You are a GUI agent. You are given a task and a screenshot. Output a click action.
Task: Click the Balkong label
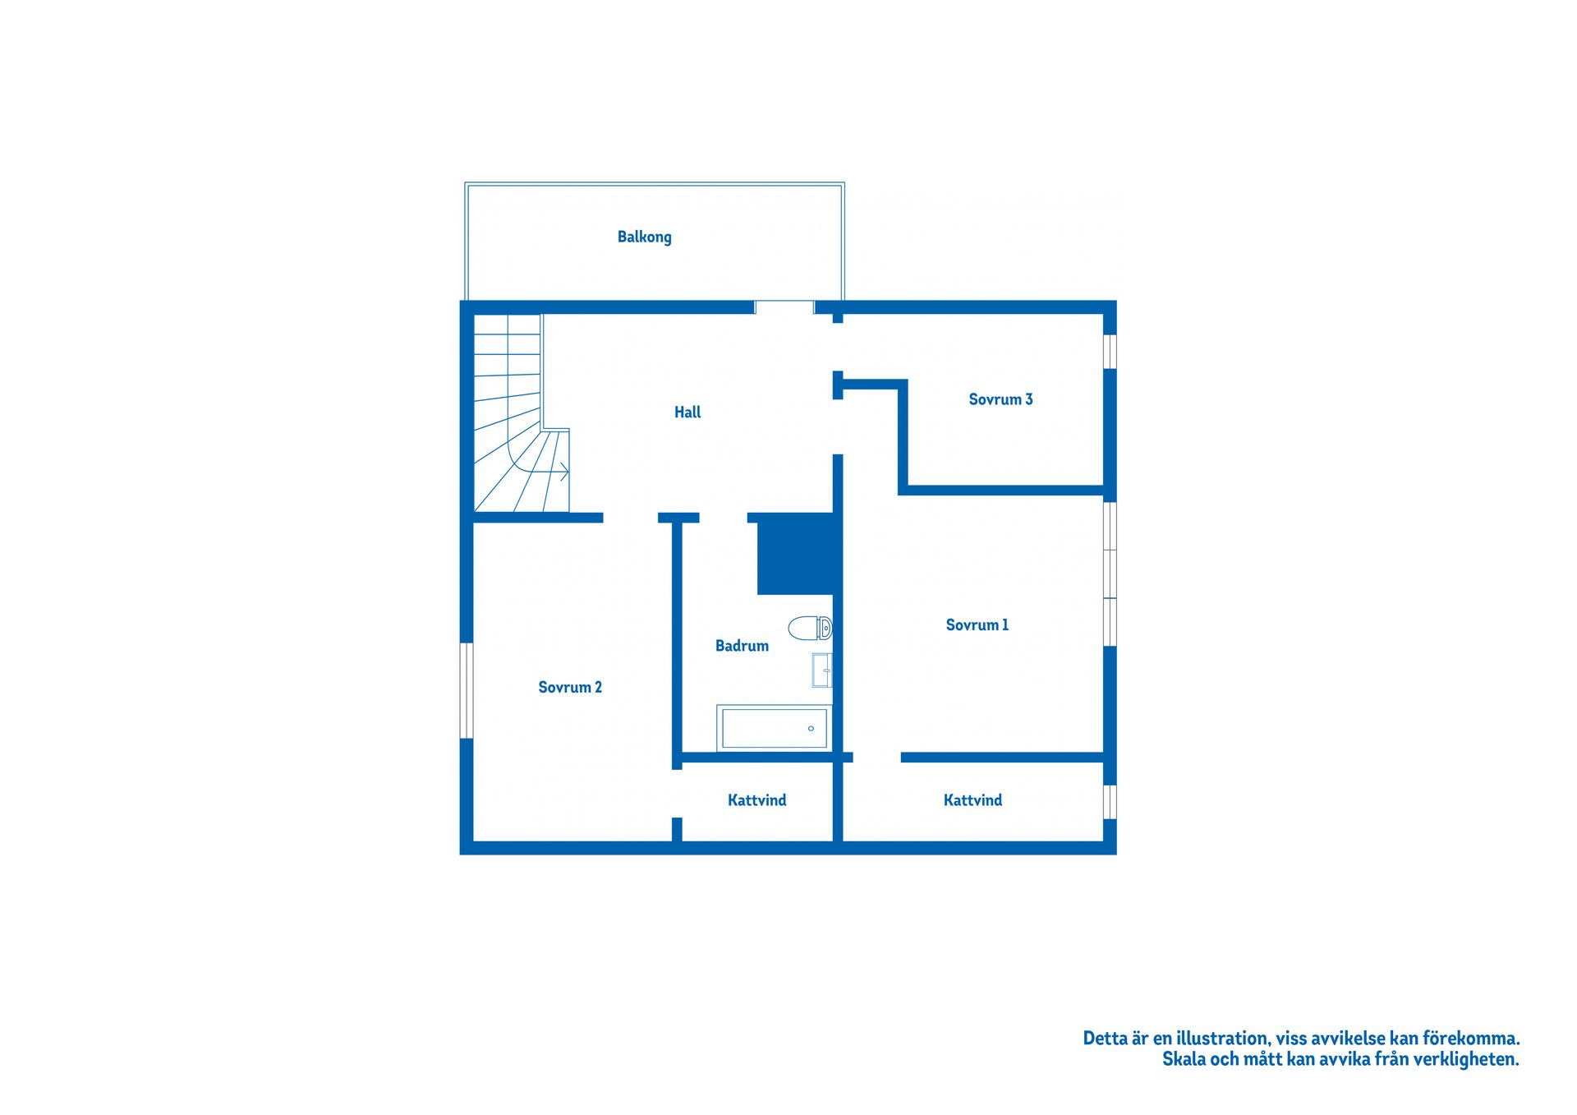click(x=644, y=237)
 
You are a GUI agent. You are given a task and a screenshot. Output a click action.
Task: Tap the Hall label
click(x=687, y=412)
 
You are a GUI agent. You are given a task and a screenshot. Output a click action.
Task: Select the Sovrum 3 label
click(x=1000, y=399)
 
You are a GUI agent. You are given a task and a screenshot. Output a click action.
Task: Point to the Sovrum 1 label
click(x=977, y=625)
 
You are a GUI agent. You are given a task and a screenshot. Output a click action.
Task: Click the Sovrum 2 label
click(x=570, y=688)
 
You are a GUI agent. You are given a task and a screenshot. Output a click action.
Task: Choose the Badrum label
click(x=742, y=646)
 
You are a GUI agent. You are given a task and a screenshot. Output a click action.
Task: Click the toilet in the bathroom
click(x=810, y=629)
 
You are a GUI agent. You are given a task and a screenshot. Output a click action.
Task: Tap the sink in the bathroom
click(x=822, y=670)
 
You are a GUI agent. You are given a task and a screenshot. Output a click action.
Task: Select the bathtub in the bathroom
click(x=775, y=728)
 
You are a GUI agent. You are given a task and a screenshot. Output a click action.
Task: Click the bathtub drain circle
click(x=811, y=729)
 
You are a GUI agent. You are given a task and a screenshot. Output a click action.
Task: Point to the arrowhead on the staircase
click(x=564, y=472)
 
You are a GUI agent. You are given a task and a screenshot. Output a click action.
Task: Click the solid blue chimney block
click(x=795, y=554)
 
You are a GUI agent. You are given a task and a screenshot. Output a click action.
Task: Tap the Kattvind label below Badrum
click(x=756, y=800)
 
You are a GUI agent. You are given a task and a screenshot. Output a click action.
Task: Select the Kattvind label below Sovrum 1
click(x=972, y=800)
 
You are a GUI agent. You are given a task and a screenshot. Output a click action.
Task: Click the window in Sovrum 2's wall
click(x=467, y=690)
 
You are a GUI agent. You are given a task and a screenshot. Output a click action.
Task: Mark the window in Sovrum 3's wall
click(x=1110, y=352)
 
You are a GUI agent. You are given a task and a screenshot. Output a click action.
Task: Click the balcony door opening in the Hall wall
click(x=784, y=307)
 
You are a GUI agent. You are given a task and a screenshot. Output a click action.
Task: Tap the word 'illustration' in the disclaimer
click(x=1223, y=1039)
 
